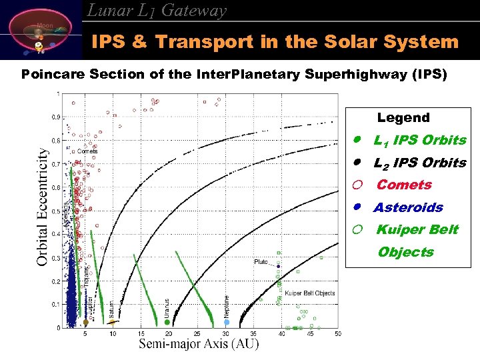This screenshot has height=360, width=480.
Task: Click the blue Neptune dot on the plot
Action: (x=227, y=322)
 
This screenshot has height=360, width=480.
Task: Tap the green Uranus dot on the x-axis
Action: (x=167, y=322)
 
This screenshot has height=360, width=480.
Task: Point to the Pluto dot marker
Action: (x=279, y=266)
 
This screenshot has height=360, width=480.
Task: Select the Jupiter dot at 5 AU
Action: (x=85, y=322)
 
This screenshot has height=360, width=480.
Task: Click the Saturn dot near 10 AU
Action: (x=113, y=322)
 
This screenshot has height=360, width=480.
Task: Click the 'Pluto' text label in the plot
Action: (x=261, y=262)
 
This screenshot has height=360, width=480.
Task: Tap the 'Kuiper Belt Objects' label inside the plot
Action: (x=309, y=293)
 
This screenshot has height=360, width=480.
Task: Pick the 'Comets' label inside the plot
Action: (x=87, y=151)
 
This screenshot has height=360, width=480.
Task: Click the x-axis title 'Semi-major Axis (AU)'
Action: (x=199, y=344)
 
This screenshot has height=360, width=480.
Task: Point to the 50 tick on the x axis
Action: (x=338, y=333)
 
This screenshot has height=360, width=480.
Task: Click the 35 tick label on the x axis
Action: (x=253, y=333)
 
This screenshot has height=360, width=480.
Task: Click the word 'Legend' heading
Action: (x=403, y=118)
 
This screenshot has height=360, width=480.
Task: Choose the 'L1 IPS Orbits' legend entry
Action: (x=419, y=141)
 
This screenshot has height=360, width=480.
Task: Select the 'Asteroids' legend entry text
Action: (x=408, y=207)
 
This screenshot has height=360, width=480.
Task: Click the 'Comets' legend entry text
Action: (x=404, y=185)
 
